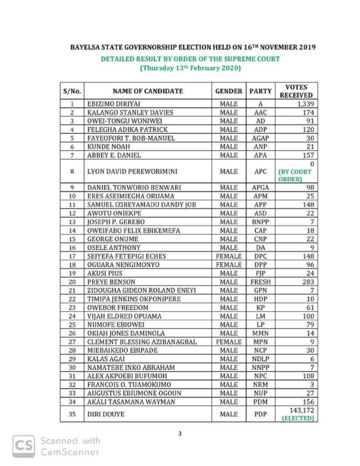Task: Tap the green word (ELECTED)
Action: pos(298,418)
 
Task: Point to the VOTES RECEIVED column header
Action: pos(296,91)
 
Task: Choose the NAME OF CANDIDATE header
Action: pos(147,91)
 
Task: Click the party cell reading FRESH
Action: pos(260,282)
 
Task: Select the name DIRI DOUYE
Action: pos(102,415)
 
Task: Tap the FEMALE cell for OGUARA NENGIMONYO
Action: pos(228,264)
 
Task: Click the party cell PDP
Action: pos(260,415)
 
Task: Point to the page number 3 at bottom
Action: pos(180,434)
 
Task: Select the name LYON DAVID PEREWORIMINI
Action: pos(126,172)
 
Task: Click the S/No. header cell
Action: pos(72,91)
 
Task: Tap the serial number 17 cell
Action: pos(72,256)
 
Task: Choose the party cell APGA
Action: pos(260,187)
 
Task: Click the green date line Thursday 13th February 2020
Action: pos(190,68)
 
